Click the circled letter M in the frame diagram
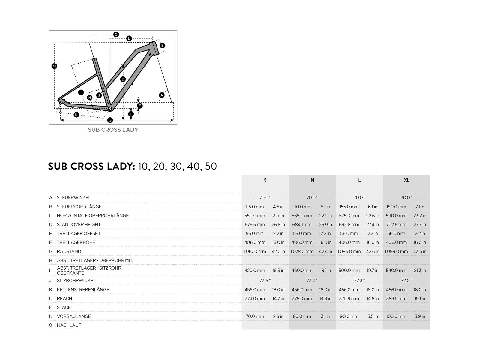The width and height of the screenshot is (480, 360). [x=54, y=66]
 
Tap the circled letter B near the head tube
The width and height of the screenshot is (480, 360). [x=162, y=46]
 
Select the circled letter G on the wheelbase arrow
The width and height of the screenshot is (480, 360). [x=110, y=120]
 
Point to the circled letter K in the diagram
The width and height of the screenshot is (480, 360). [x=76, y=115]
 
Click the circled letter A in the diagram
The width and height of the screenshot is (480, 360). [x=162, y=95]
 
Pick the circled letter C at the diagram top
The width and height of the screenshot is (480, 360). [x=116, y=34]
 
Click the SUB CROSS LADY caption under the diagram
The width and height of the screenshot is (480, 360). [x=113, y=130]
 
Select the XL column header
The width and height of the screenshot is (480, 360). [x=406, y=180]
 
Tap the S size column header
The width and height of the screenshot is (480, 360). [x=265, y=180]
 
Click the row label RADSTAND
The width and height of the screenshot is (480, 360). [x=69, y=251]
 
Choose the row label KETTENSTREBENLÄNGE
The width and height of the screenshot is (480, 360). [x=83, y=290]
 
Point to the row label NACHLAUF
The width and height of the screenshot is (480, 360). [x=69, y=325]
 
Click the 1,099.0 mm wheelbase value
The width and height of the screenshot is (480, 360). [x=396, y=251]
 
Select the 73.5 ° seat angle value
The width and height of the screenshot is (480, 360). [x=265, y=280]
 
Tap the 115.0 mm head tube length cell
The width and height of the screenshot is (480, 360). [x=255, y=207]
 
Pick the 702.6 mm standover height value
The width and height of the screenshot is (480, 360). [x=396, y=224]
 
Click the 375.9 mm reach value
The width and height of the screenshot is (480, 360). [x=349, y=298]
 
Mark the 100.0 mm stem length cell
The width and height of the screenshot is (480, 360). [x=396, y=316]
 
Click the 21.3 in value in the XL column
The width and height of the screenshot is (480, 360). [x=420, y=270]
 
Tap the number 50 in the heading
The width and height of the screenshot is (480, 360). [x=211, y=166]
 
